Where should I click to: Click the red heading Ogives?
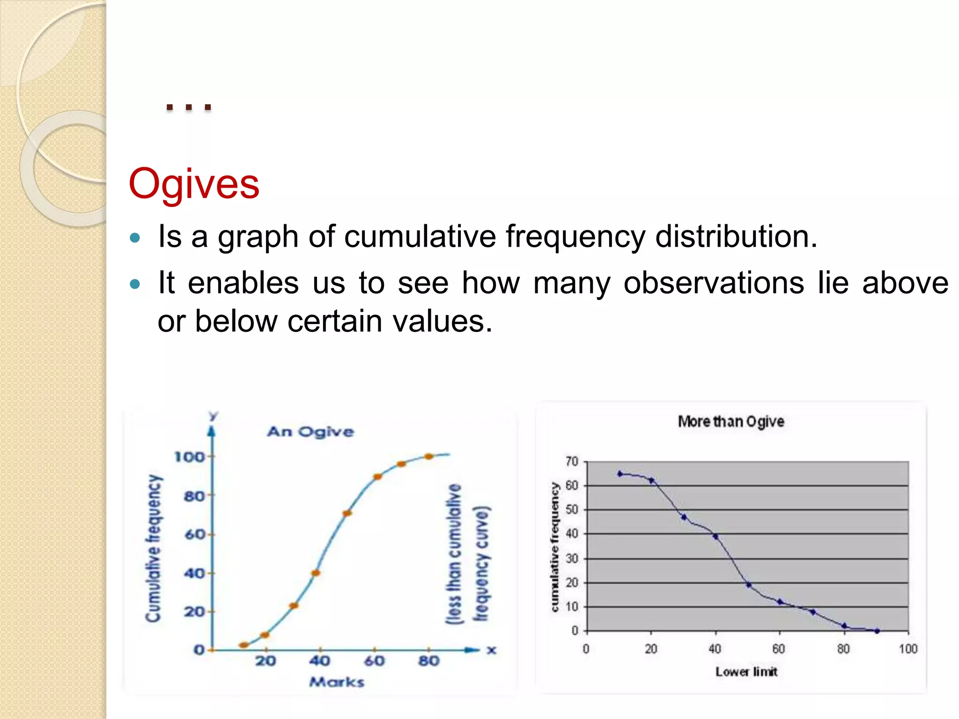[194, 183]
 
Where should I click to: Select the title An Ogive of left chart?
[310, 431]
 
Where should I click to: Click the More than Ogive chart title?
[731, 421]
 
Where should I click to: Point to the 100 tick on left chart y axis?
[190, 456]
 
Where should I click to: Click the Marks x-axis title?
[337, 682]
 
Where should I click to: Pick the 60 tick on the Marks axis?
[374, 660]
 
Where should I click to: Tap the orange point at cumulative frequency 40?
[316, 572]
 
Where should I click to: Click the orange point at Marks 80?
[428, 456]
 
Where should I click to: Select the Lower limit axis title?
[746, 672]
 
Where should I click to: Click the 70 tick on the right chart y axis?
[572, 462]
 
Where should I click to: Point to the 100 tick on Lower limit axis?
[907, 649]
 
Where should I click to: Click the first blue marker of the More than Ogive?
[620, 474]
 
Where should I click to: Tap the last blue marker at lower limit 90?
[877, 631]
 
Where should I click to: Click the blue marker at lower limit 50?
[748, 585]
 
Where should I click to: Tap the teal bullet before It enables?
[135, 284]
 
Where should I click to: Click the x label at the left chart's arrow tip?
[491, 650]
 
